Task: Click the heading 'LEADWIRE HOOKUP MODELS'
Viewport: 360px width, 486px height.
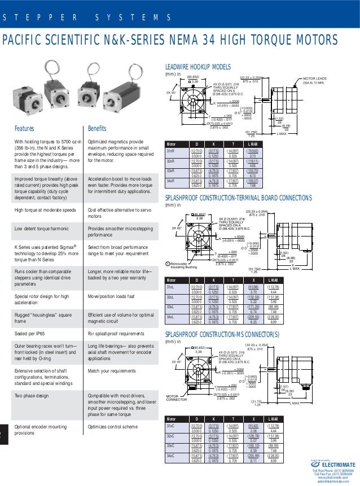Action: coord(197,65)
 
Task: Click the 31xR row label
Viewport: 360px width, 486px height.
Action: coord(170,151)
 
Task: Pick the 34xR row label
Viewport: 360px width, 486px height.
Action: coord(170,180)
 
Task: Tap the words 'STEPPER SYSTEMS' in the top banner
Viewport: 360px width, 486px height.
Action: coord(87,17)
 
